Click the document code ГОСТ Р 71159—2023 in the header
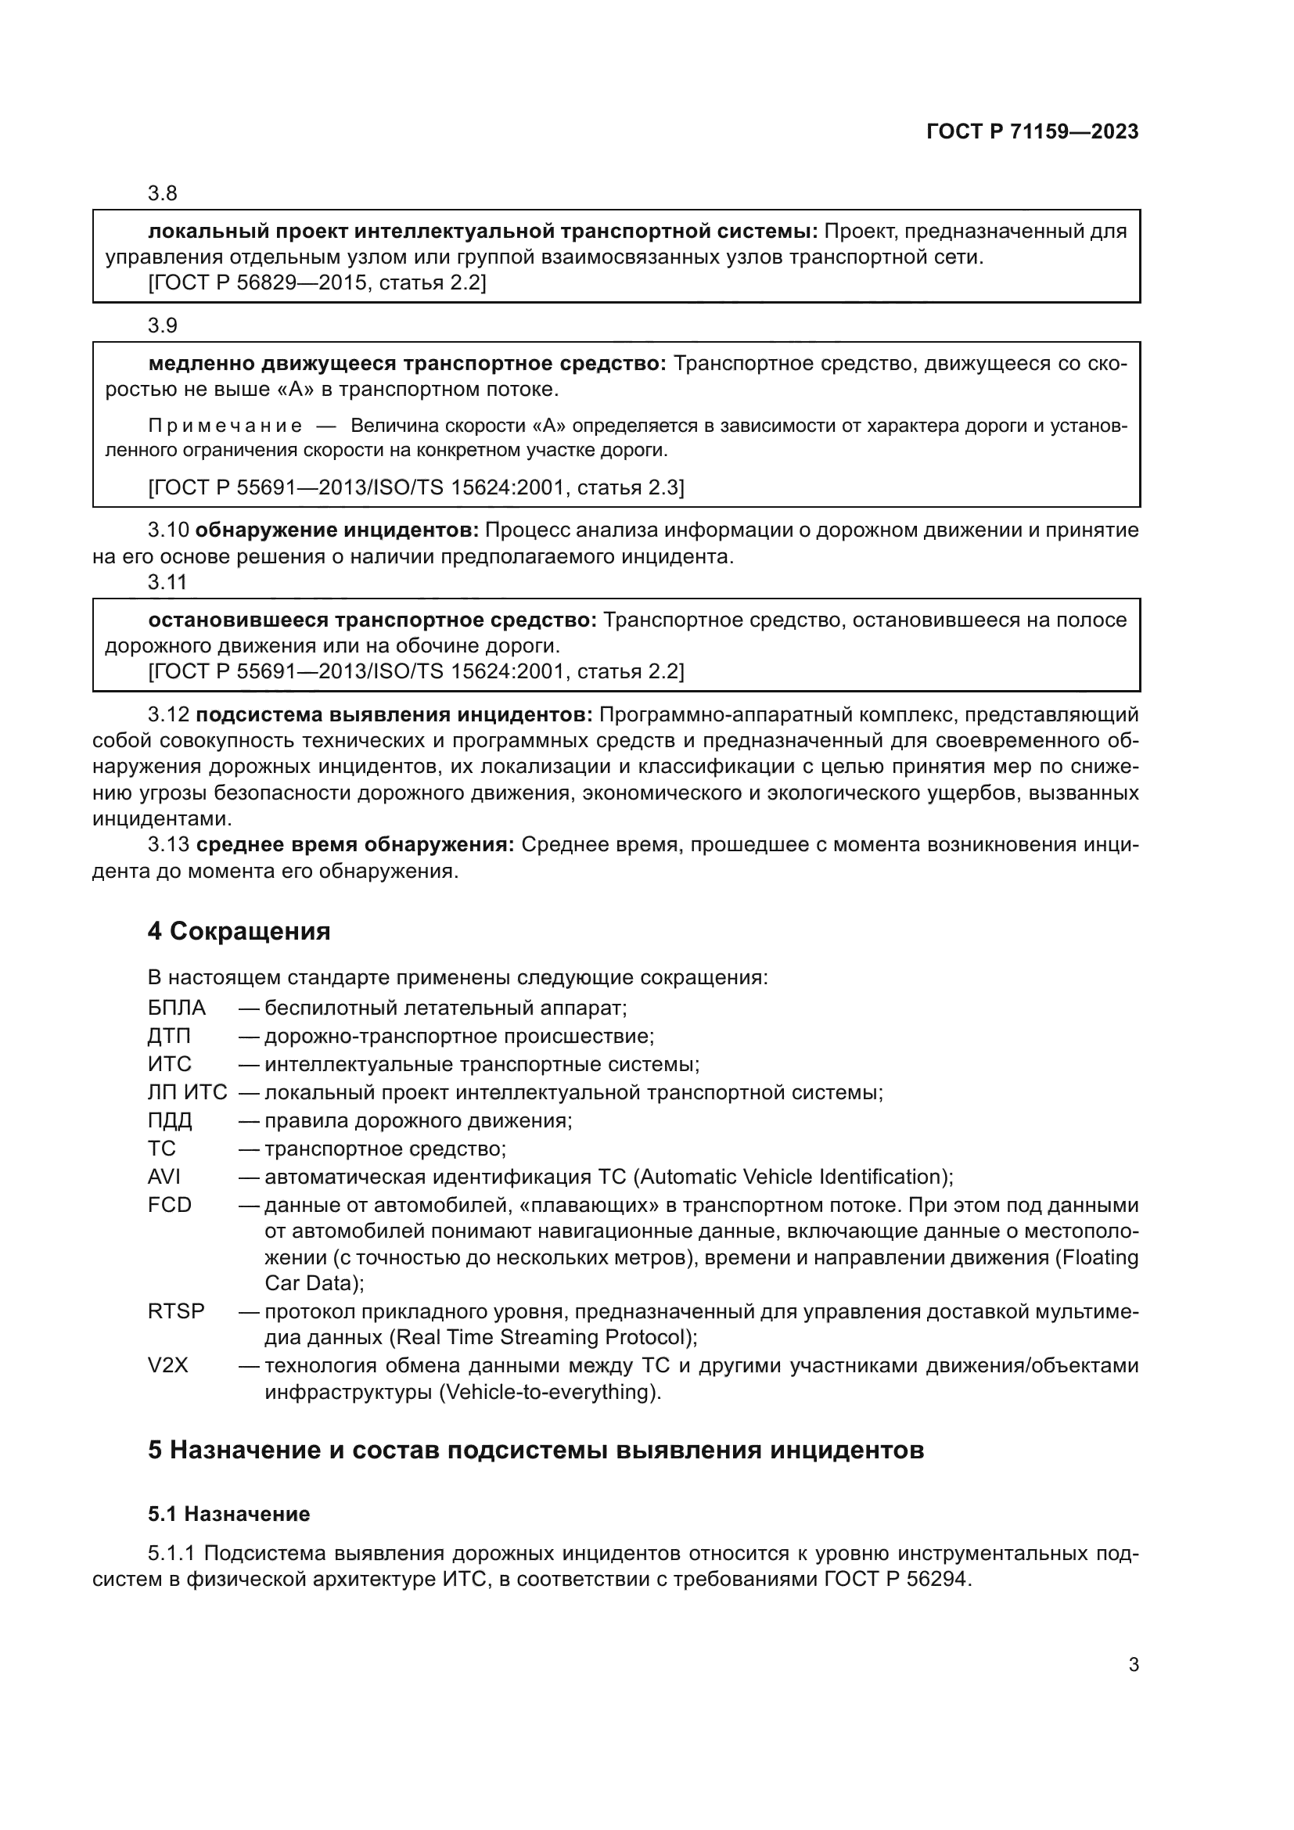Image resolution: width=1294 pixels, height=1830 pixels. click(x=1033, y=131)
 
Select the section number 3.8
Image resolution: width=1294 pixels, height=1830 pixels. click(x=163, y=194)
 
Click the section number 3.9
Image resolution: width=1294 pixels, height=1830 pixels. click(x=163, y=326)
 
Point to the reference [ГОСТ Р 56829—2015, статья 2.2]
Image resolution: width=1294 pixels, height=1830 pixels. click(x=317, y=283)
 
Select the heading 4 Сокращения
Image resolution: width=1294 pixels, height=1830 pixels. click(x=239, y=931)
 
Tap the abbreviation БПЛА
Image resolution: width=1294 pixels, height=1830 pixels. click(x=177, y=1008)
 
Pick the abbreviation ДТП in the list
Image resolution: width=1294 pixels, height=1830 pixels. click(x=169, y=1036)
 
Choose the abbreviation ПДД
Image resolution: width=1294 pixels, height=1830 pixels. click(x=170, y=1120)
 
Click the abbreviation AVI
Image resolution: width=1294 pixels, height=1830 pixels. click(x=164, y=1177)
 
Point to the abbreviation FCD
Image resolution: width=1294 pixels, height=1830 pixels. click(x=170, y=1205)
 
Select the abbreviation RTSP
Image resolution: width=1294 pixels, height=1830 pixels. click(x=176, y=1311)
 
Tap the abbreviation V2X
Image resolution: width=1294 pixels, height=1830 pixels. click(x=168, y=1366)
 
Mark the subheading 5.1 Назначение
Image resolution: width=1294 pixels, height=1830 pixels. click(x=228, y=1514)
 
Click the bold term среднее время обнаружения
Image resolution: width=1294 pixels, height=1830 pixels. click(x=355, y=845)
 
